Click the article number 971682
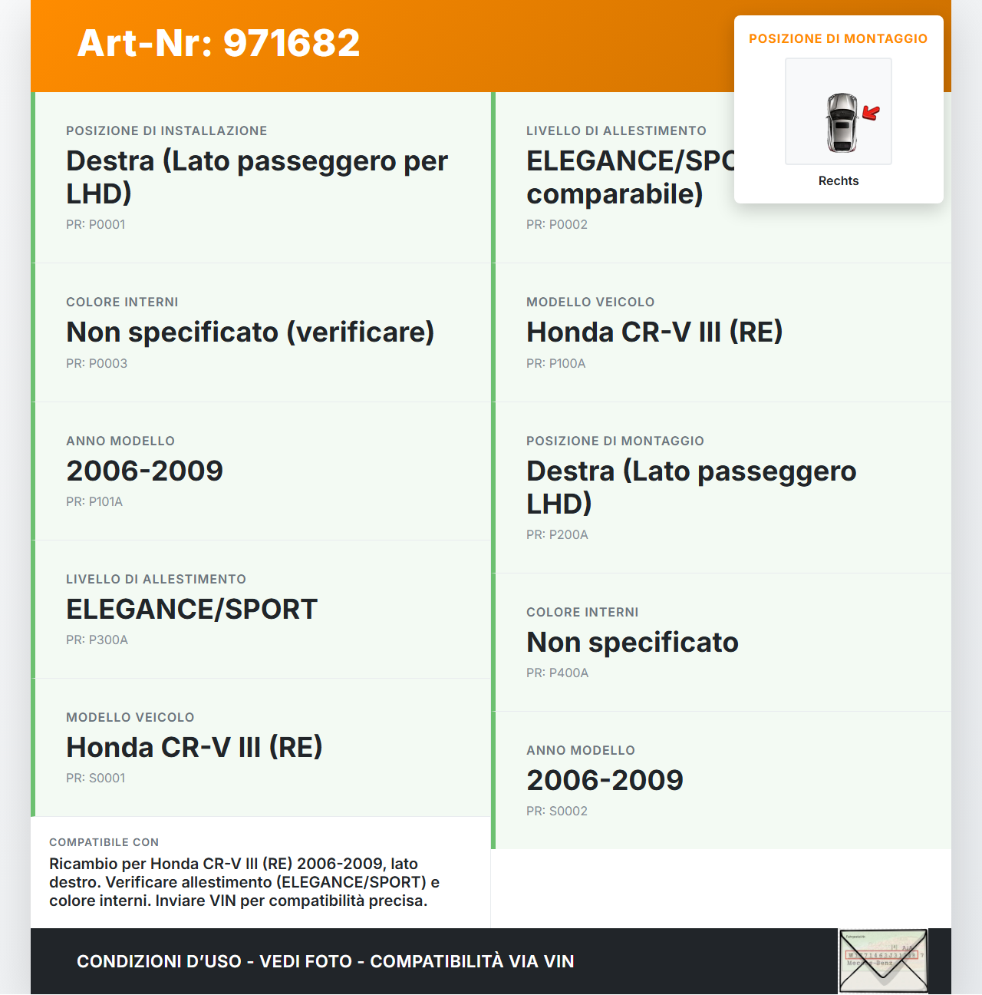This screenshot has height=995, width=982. pyautogui.click(x=292, y=43)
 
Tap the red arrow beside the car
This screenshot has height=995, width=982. pyautogui.click(x=871, y=113)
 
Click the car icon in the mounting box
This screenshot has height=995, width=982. pyautogui.click(x=841, y=122)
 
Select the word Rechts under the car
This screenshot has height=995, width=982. pyautogui.click(x=839, y=181)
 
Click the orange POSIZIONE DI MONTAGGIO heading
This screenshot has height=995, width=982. pyautogui.click(x=838, y=38)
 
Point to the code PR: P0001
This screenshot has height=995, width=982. pyautogui.click(x=95, y=225)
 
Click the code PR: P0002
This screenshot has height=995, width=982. pyautogui.click(x=556, y=225)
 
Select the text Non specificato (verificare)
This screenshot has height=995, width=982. pyautogui.click(x=250, y=332)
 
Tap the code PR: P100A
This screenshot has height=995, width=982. pyautogui.click(x=555, y=364)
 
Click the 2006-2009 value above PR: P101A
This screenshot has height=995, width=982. pyautogui.click(x=144, y=471)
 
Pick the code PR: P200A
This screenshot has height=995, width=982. pyautogui.click(x=557, y=535)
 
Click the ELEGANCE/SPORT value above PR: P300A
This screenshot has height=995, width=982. pyautogui.click(x=192, y=610)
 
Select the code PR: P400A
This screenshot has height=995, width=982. pyautogui.click(x=557, y=673)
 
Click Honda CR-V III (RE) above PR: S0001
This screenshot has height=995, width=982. pyautogui.click(x=194, y=748)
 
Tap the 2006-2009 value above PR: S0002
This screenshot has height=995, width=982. pyautogui.click(x=605, y=781)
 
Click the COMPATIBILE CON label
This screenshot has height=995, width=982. pyautogui.click(x=104, y=842)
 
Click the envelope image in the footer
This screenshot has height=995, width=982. pyautogui.click(x=883, y=961)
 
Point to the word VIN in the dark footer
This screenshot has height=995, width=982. pyautogui.click(x=559, y=961)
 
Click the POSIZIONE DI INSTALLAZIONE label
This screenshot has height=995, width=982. pyautogui.click(x=166, y=131)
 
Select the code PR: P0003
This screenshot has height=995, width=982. pyautogui.click(x=97, y=364)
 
